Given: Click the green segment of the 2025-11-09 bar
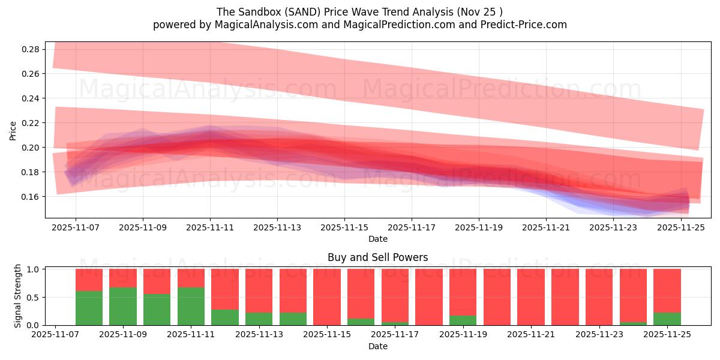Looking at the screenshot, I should pyautogui.click(x=123, y=307).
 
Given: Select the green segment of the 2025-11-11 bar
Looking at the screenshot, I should pyautogui.click(x=191, y=307).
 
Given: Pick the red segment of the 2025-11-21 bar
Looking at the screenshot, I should pyautogui.click(x=531, y=297).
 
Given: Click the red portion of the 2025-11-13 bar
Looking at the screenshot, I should pyautogui.click(x=259, y=290).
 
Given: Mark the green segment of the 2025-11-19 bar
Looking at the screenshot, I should pyautogui.click(x=463, y=320).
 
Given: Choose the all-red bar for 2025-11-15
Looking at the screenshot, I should pyautogui.click(x=327, y=297).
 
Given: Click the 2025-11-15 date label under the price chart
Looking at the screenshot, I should pyautogui.click(x=344, y=228).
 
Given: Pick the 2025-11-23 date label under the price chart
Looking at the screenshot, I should pyautogui.click(x=613, y=228).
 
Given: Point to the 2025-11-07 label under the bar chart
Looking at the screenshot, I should pyautogui.click(x=55, y=335).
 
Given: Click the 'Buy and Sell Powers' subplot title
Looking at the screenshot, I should pyautogui.click(x=377, y=257).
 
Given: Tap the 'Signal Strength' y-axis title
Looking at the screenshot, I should pyautogui.click(x=18, y=296).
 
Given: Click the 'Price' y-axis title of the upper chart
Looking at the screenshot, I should pyautogui.click(x=13, y=130).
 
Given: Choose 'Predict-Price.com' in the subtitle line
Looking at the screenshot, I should pyautogui.click(x=525, y=25).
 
